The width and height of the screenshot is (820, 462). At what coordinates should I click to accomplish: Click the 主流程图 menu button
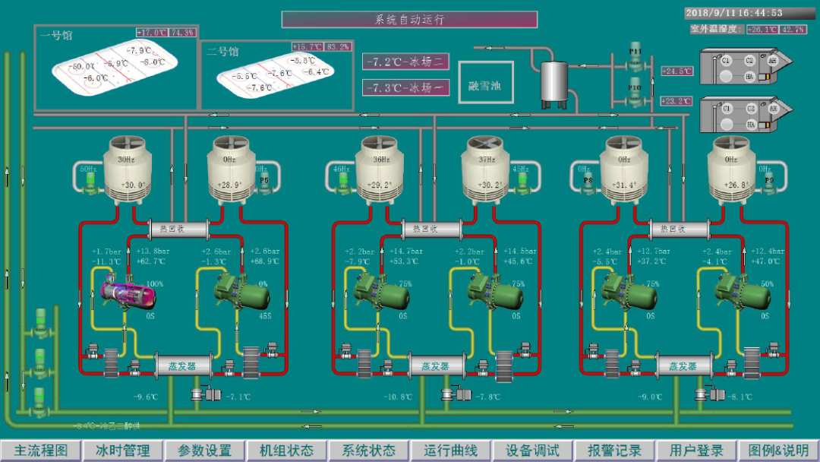(41, 451)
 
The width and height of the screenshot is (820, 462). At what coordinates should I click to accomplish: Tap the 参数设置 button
(205, 451)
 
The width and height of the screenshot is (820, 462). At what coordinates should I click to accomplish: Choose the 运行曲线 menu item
(451, 451)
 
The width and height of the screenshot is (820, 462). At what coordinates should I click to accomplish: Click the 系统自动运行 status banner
(409, 20)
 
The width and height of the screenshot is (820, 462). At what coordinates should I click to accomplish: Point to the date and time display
(734, 13)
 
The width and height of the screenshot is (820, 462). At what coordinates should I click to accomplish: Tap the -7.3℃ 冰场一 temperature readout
(406, 88)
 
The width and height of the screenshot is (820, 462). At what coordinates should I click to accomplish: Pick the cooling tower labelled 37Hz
(489, 171)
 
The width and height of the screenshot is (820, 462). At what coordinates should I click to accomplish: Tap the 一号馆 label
(56, 35)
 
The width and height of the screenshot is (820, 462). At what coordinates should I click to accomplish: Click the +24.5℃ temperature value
(676, 71)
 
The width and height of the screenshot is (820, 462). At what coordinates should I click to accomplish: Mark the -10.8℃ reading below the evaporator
(398, 397)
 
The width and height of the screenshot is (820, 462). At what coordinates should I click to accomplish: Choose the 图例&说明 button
(778, 451)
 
